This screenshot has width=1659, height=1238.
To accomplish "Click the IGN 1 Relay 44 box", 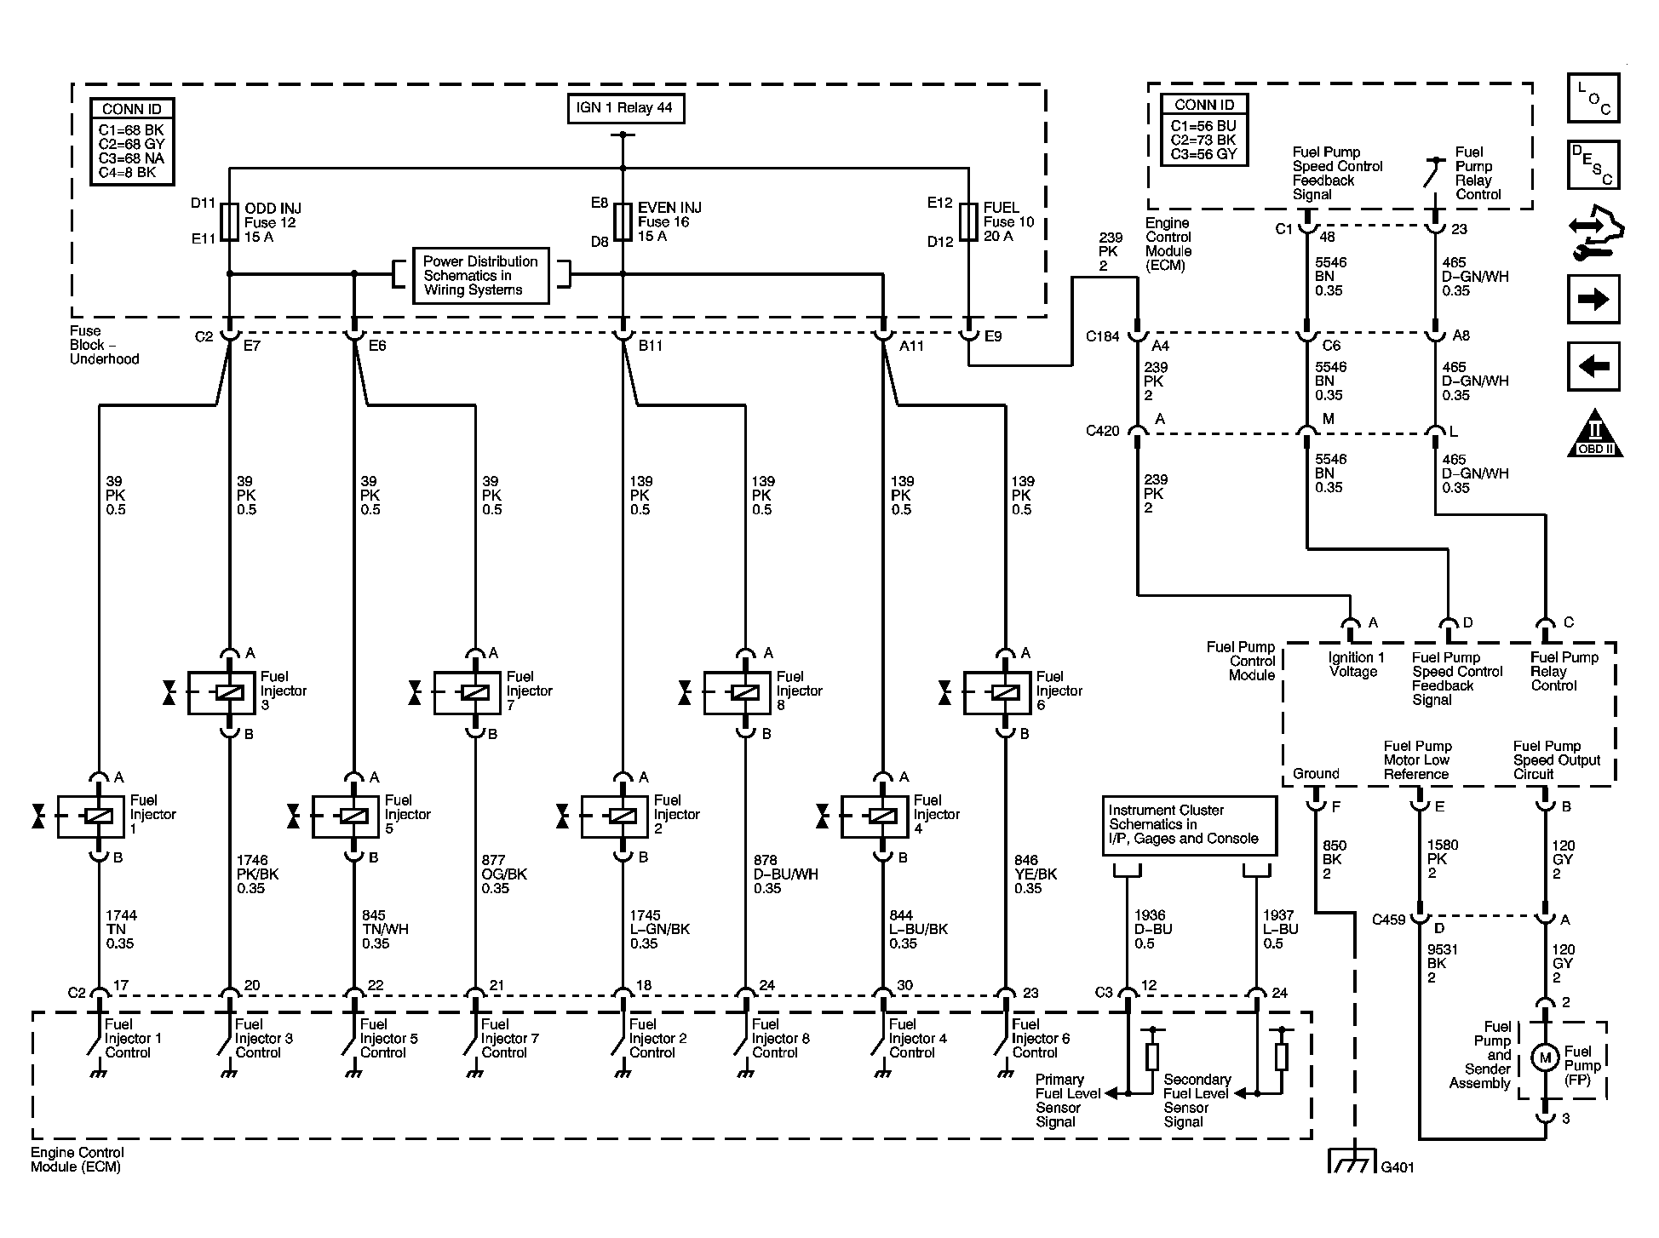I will click(625, 108).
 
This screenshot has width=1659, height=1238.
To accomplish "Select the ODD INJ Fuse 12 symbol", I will click(229, 222).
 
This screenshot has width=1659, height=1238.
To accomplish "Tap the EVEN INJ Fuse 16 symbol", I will click(623, 222).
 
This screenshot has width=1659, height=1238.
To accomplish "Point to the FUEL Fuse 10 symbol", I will click(967, 222).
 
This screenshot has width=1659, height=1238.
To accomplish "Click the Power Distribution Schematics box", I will click(480, 275).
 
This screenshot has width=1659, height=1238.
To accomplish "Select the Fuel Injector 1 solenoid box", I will click(91, 817).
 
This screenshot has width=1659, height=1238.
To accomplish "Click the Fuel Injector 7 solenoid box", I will click(468, 692).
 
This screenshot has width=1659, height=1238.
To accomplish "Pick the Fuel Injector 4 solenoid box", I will click(875, 817).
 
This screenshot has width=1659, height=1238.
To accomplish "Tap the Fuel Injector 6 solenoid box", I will click(997, 692).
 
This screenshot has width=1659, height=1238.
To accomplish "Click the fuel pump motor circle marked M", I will click(1544, 1058).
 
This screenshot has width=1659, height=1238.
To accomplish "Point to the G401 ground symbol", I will click(1352, 1162).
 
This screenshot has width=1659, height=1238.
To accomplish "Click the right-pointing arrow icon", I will click(1593, 300).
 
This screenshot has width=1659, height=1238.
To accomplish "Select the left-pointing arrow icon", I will click(1593, 367).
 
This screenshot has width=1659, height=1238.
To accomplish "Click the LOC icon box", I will click(1593, 97).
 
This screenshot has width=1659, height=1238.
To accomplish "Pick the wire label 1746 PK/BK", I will click(257, 874).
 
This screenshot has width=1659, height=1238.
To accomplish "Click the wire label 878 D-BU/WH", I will click(785, 874).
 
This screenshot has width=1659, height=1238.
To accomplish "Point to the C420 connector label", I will click(1102, 431).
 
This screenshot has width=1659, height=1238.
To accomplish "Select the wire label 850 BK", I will click(1334, 859).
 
